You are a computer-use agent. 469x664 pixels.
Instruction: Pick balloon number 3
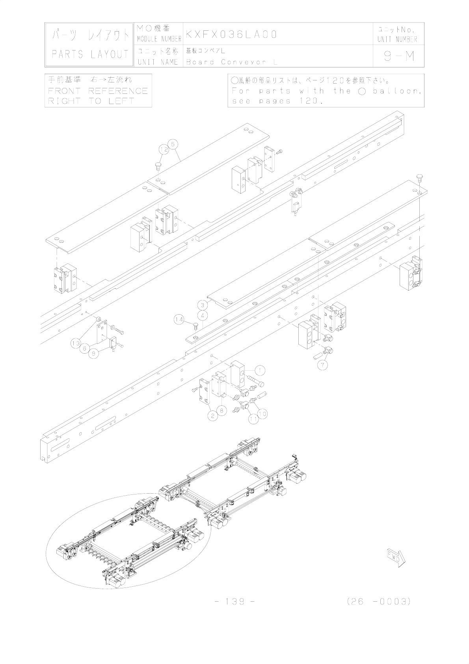pyautogui.click(x=203, y=315)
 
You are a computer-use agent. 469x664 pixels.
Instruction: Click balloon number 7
pyautogui.click(x=322, y=365)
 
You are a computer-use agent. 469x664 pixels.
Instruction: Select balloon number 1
pyautogui.click(x=260, y=370)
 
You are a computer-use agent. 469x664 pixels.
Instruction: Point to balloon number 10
pyautogui.click(x=262, y=413)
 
